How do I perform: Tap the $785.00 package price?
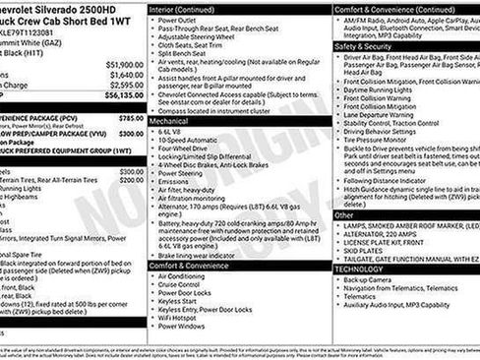coord(130,117)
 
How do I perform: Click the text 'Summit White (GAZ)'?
coord(30,31)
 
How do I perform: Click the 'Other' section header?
coord(344,214)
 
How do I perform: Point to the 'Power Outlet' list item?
coord(177,19)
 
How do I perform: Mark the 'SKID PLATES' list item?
coord(364,250)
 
